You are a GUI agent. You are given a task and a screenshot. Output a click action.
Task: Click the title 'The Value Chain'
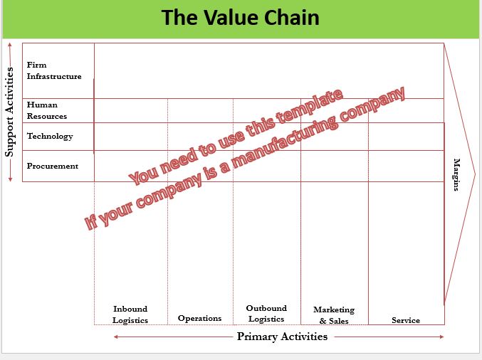pyautogui.click(x=240, y=18)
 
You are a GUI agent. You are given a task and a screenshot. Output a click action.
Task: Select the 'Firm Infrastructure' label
pyautogui.click(x=54, y=70)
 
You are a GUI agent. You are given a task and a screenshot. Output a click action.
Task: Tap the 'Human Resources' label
pyautogui.click(x=47, y=110)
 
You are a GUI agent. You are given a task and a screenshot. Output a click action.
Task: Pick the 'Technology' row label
pyautogui.click(x=50, y=136)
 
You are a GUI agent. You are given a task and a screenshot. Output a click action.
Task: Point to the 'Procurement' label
pyautogui.click(x=53, y=166)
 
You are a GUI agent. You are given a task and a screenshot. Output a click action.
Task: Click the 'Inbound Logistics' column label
pyautogui.click(x=130, y=314)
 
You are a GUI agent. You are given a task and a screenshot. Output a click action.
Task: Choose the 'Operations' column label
pyautogui.click(x=199, y=318)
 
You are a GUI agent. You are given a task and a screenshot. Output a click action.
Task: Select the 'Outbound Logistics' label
pyautogui.click(x=266, y=314)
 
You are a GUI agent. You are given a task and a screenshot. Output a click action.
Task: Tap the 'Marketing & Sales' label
pyautogui.click(x=334, y=315)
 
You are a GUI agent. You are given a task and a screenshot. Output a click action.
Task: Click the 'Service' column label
pyautogui.click(x=406, y=320)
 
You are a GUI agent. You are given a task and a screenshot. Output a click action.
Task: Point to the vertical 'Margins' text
pyautogui.click(x=456, y=175)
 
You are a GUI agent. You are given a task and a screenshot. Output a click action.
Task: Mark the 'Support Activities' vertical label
pyautogui.click(x=10, y=112)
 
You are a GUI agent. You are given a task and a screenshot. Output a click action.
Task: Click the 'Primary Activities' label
pyautogui.click(x=282, y=337)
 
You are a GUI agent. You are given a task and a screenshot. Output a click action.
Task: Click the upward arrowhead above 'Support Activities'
pyautogui.click(x=10, y=46)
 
